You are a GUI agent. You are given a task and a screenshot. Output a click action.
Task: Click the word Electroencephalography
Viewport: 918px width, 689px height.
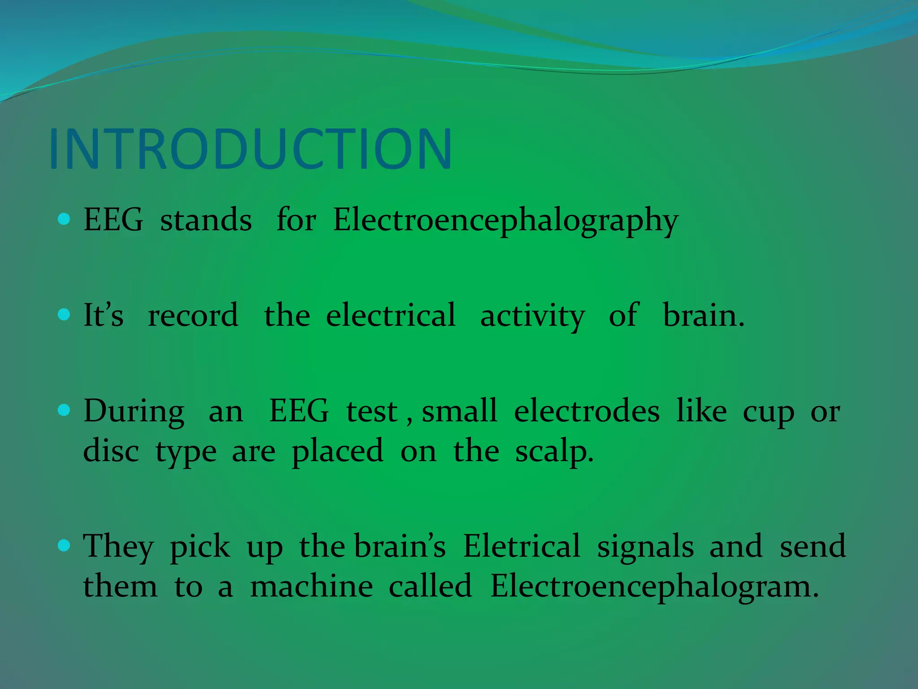tap(505, 221)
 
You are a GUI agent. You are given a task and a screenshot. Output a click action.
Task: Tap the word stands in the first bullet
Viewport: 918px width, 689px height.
tap(206, 221)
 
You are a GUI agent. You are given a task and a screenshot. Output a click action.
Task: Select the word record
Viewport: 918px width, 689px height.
tap(193, 315)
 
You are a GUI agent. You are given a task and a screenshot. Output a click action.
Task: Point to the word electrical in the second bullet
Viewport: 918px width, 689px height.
tap(391, 315)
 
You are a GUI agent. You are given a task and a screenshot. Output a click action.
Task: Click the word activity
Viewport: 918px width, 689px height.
tap(533, 316)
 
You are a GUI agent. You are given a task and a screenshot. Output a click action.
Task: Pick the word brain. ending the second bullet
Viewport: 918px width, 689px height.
tap(703, 315)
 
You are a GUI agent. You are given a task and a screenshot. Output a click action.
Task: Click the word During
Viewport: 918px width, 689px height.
tap(134, 412)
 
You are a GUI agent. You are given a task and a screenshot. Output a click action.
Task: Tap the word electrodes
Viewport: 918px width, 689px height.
tap(587, 411)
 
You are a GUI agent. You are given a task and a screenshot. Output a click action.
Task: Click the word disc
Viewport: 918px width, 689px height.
tap(111, 451)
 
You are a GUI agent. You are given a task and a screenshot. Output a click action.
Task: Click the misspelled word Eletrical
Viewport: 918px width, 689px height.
tap(521, 546)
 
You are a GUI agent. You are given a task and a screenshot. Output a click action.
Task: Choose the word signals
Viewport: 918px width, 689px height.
tap(645, 547)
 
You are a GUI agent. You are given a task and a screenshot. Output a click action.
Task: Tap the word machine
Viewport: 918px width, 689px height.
tap(312, 586)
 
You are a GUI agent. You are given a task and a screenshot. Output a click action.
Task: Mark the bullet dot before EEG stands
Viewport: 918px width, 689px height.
tap(65, 219)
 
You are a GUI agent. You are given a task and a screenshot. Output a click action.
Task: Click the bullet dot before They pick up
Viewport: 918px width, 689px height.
tap(65, 545)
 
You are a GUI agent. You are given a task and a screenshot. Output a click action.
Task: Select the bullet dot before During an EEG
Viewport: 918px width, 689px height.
tap(65, 410)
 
